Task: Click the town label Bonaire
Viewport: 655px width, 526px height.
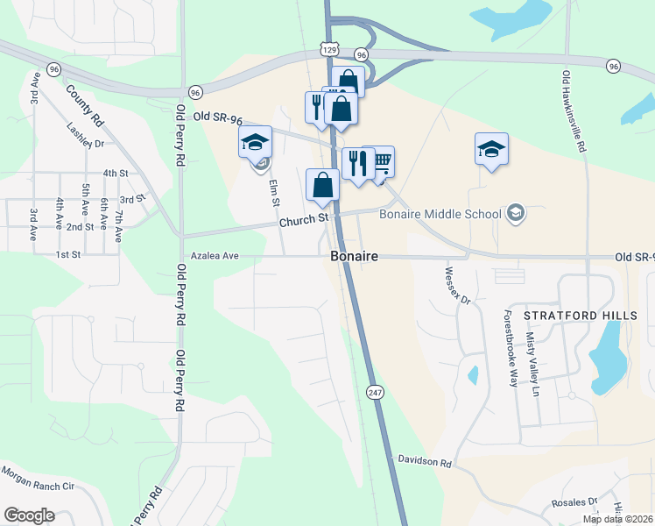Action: [354, 257]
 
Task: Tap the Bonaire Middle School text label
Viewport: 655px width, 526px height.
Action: [440, 214]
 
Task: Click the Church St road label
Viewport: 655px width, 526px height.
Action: [303, 220]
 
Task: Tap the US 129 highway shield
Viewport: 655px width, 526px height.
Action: [328, 51]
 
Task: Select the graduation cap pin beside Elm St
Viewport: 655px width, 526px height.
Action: [256, 142]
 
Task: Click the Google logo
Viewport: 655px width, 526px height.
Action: [29, 515]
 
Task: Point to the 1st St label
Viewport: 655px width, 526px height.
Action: [67, 254]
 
